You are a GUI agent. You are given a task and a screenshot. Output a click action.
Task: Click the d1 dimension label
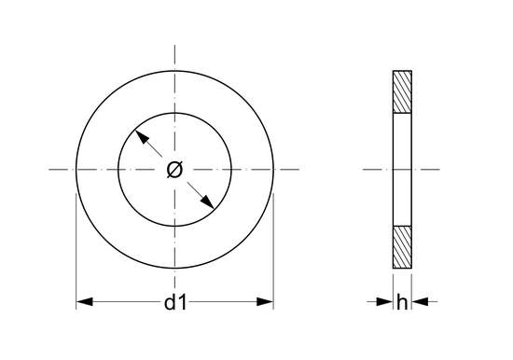[175, 302]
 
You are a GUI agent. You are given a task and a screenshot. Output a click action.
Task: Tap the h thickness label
[402, 302]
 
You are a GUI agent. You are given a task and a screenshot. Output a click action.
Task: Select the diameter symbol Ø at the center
[174, 170]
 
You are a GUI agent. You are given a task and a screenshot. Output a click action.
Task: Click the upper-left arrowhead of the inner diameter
[142, 136]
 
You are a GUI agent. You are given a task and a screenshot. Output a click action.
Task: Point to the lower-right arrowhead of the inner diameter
[207, 202]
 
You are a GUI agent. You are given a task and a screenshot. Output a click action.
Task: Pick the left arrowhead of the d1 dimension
[84, 302]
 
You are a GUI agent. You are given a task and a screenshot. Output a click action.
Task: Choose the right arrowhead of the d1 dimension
[265, 302]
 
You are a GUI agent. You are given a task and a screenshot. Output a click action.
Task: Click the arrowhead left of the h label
[384, 302]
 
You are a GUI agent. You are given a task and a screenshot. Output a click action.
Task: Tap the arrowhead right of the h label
[420, 302]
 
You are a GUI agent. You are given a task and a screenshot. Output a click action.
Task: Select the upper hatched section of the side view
[402, 92]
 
